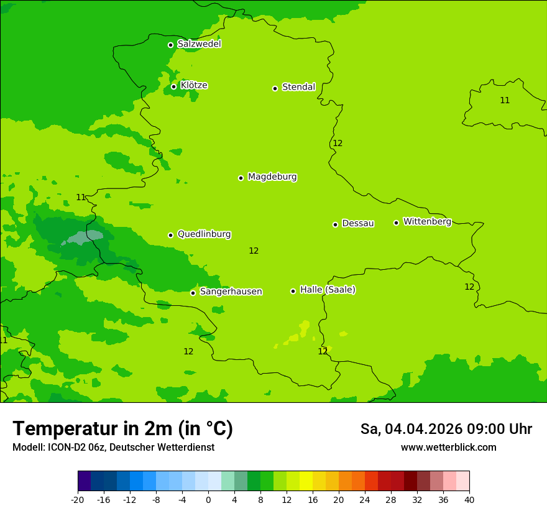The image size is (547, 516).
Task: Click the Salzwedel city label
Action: (x=199, y=44)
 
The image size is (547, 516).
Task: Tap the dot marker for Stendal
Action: (x=275, y=88)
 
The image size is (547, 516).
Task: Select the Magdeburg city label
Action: (x=272, y=177)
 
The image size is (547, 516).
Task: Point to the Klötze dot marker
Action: (x=174, y=86)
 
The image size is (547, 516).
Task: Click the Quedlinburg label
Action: (x=204, y=234)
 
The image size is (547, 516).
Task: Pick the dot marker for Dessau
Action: (x=335, y=224)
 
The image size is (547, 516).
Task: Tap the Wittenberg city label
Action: (x=427, y=222)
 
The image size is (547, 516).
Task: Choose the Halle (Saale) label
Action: (x=328, y=290)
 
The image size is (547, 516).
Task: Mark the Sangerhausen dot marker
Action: (x=193, y=293)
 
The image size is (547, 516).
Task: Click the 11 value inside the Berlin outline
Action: (x=505, y=101)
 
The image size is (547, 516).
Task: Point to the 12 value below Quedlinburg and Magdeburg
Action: (x=254, y=251)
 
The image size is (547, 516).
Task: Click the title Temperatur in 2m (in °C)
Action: (x=122, y=429)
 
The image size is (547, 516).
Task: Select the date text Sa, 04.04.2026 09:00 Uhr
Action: (x=446, y=430)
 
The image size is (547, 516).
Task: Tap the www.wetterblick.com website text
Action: (x=448, y=448)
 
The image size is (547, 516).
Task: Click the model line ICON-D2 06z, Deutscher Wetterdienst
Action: (x=113, y=448)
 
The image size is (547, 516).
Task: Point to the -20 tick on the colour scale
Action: (x=78, y=500)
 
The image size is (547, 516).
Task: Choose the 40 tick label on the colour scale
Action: (x=469, y=500)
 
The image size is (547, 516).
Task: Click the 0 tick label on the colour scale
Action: (x=208, y=500)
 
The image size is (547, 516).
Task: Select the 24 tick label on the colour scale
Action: (x=365, y=500)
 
